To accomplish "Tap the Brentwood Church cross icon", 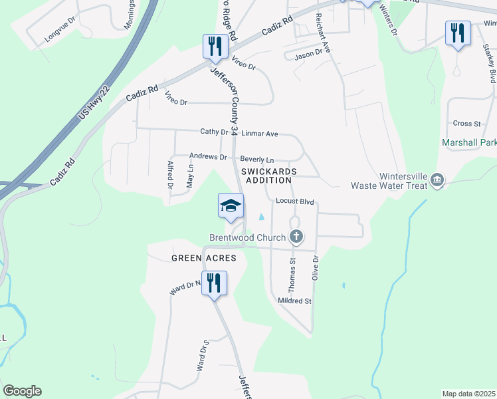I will point(296,237).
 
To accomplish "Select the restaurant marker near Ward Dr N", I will point(214,283).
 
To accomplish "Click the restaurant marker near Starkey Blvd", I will point(457,33).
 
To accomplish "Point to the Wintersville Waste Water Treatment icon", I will point(437,180).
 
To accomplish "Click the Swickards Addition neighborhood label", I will point(266,176).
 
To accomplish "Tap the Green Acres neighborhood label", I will point(200,257).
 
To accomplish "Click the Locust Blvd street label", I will point(294,201).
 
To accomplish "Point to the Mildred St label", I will point(294,301).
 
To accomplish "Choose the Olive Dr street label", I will point(316,267).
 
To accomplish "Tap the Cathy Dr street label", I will point(214,132).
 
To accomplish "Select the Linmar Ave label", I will point(259,134).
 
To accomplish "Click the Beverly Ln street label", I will point(256,160).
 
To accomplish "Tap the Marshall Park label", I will point(470,142).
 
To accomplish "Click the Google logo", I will point(22,391).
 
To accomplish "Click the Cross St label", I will point(466,124).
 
